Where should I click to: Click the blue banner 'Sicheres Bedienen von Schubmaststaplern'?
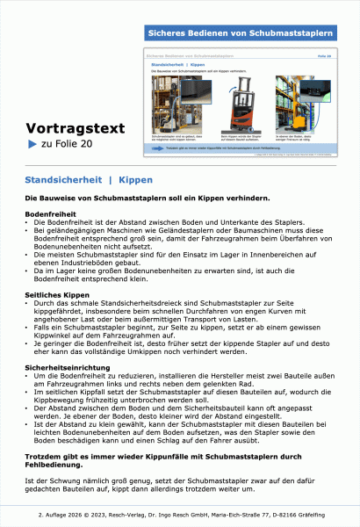click(241, 32)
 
